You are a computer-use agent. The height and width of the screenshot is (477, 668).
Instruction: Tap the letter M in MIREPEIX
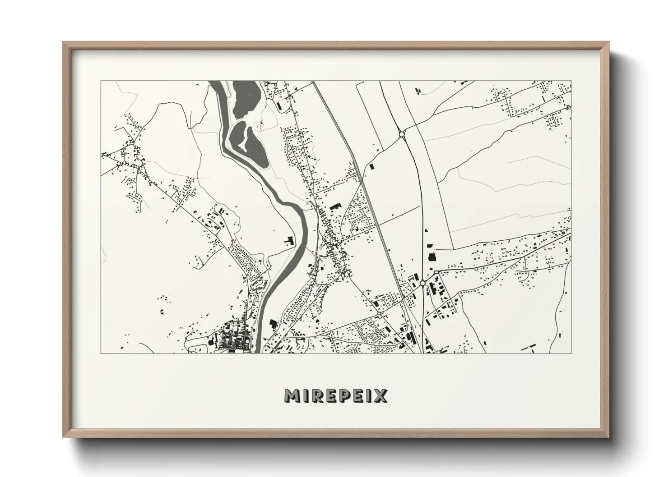pos(291,395)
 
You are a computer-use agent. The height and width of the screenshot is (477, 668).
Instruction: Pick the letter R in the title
pos(317,395)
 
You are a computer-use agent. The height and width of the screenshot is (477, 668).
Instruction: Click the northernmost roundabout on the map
pos(401,134)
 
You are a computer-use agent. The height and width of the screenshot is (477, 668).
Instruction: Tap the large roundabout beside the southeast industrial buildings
pos(422,283)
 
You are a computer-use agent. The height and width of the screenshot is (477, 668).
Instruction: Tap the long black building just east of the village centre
pos(334,206)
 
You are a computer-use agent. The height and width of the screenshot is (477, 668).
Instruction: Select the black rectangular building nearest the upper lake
pos(279,106)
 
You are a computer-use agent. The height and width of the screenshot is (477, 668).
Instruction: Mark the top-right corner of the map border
pos(571,81)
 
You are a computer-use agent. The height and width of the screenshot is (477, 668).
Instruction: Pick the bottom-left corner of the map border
pos(101,353)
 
